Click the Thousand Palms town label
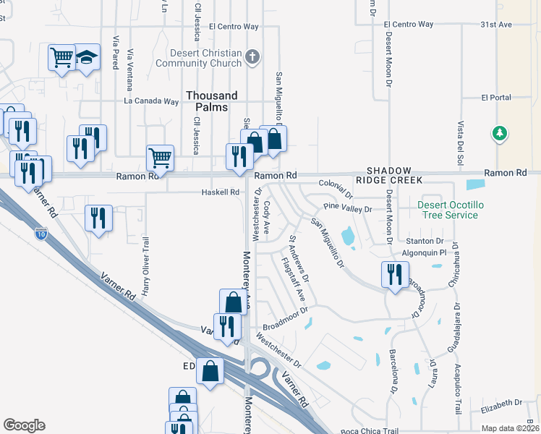pos(211,101)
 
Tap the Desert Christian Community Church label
pos(205,57)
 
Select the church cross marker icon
pos(252,57)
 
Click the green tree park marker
pos(498,133)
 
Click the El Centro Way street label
pos(234,27)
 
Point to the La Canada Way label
pos(151,101)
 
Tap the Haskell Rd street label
pos(220,192)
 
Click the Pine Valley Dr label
pos(347,209)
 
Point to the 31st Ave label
pos(496,24)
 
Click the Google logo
pos(24,425)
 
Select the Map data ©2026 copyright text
pos(509,428)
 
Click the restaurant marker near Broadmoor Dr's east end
pos(394,273)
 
